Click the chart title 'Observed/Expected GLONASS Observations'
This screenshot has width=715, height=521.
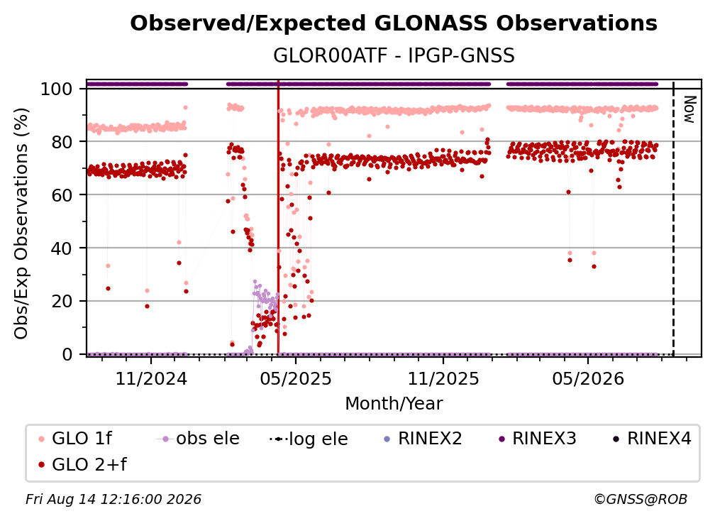[394, 23]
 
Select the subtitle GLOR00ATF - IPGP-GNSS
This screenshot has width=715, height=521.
[394, 56]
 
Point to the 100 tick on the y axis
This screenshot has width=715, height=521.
[57, 89]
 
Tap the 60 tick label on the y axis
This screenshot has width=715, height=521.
[62, 194]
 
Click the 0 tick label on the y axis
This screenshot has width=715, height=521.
[67, 354]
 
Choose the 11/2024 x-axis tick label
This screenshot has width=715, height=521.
[151, 378]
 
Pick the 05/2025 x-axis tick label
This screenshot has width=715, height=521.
[296, 378]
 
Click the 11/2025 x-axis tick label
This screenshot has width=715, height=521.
[443, 378]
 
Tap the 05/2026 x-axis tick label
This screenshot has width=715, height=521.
[588, 378]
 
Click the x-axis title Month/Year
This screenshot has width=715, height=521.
[394, 404]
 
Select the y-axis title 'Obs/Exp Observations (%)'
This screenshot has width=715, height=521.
[21, 224]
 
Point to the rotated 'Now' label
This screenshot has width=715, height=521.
[689, 109]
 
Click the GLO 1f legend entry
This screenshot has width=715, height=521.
[74, 439]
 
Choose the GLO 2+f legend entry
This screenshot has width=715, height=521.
[82, 465]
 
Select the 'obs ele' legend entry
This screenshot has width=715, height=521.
[198, 439]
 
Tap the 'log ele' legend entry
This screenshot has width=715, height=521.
[309, 439]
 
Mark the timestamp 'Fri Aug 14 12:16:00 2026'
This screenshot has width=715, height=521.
[113, 500]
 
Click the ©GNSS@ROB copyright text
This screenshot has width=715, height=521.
[641, 500]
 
